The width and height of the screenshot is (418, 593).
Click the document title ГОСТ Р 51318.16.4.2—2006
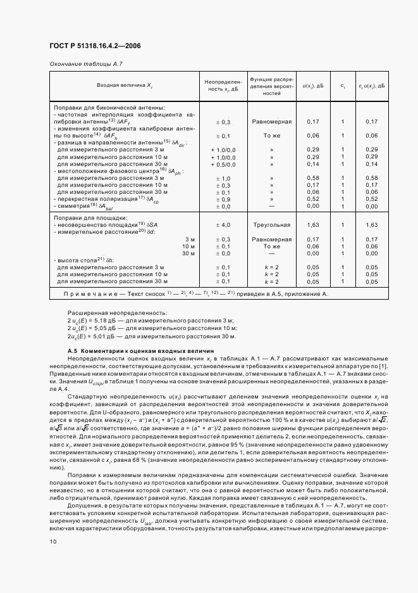coord(95,46)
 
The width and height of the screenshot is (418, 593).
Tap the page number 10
coord(53,541)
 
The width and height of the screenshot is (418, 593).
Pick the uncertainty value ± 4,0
coord(223,225)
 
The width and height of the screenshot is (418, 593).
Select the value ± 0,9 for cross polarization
coord(223,199)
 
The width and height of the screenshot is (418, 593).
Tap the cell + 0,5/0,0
coord(223,163)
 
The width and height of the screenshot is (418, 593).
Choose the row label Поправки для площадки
coord(91,217)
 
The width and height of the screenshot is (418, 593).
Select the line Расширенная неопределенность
coord(117,313)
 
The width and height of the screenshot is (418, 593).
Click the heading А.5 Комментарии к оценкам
coord(140,350)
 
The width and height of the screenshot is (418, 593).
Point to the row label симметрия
coord(83,206)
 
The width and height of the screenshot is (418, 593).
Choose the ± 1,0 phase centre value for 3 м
coord(223,178)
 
